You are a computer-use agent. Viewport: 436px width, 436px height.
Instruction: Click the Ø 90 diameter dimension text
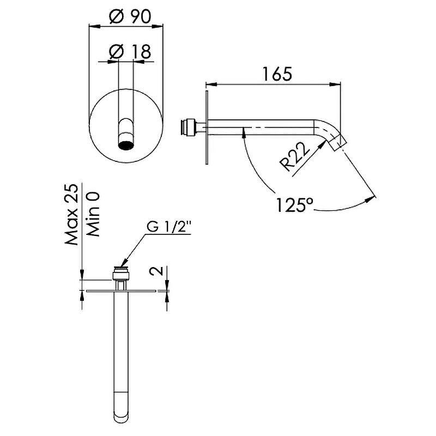[130, 16]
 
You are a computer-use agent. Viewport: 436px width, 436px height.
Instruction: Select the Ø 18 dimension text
[130, 51]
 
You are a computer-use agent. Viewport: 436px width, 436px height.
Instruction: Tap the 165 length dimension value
[277, 74]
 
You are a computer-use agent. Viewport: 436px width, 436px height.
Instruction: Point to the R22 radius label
[296, 157]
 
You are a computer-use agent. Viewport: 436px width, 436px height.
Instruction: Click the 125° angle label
[295, 205]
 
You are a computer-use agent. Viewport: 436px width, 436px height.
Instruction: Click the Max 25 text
[71, 214]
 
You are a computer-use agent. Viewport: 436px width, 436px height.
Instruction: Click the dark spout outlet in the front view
[126, 145]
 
